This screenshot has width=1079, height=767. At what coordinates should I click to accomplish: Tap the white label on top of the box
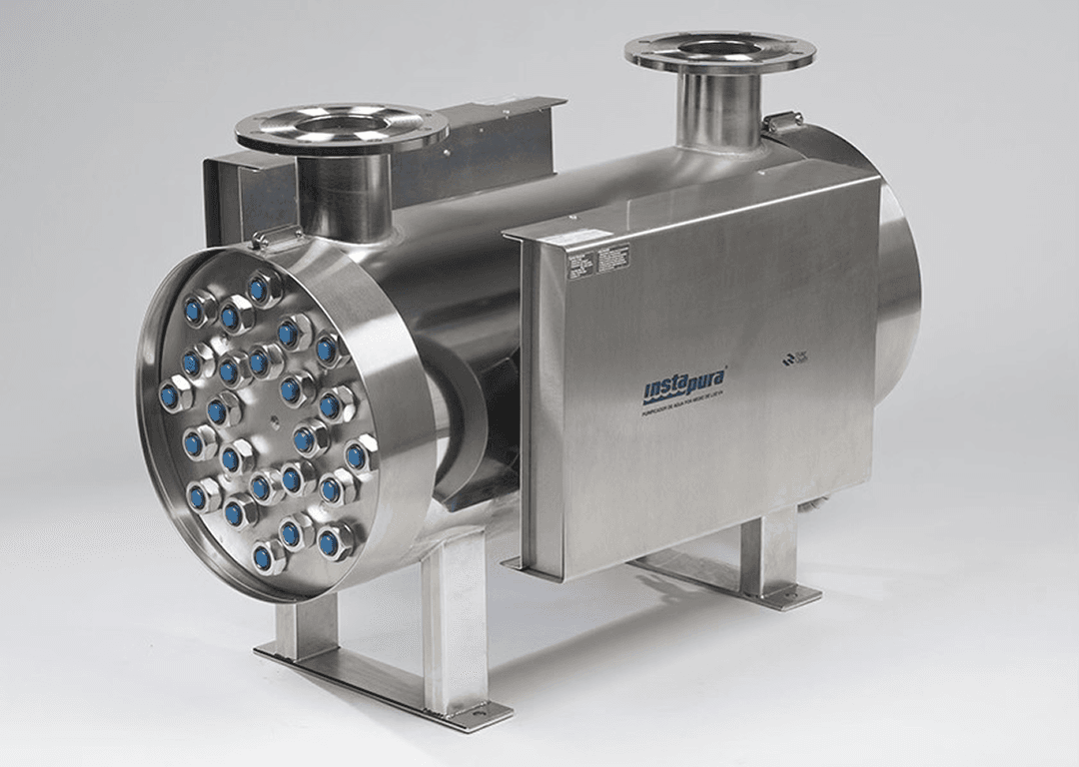[585, 236]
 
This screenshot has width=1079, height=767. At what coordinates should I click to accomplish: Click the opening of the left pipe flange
[341, 123]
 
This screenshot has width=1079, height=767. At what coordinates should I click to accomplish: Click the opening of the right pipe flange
[719, 47]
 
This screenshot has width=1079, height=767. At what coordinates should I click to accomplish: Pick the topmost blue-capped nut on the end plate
[263, 290]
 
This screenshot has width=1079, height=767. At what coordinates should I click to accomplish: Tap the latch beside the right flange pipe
[782, 123]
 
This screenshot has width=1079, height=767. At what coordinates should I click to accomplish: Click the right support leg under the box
[764, 554]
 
